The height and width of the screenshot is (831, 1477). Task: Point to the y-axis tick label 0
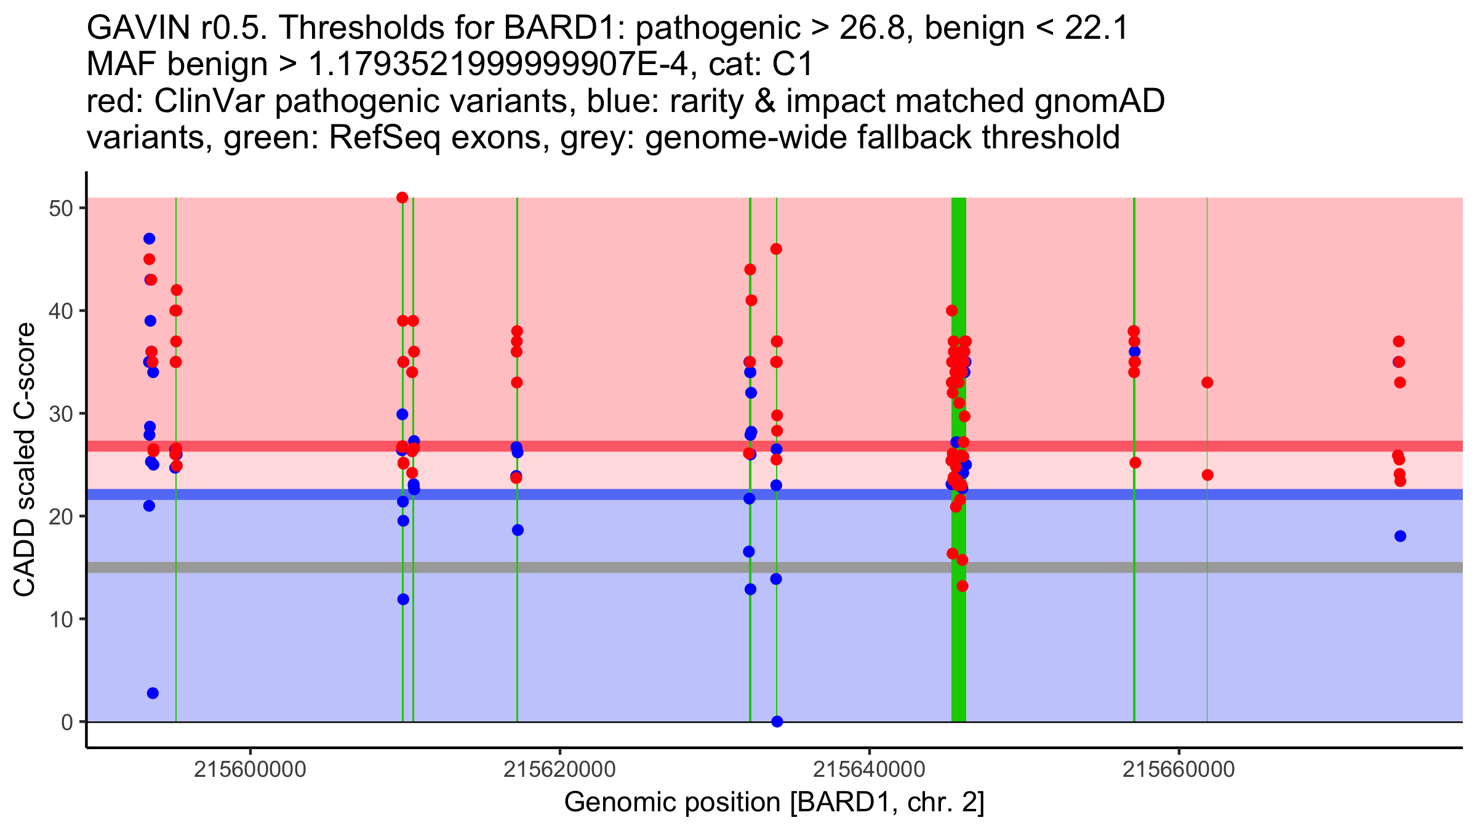coord(66,721)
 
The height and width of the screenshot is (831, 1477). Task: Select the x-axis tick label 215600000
coord(250,769)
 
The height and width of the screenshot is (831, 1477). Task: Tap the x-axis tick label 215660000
coord(1179,769)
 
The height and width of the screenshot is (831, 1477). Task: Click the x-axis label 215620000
coord(559,769)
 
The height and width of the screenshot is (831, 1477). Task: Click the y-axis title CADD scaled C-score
coord(25,460)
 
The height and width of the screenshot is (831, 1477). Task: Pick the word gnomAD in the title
coord(1099,101)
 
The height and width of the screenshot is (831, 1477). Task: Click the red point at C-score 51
coord(402,198)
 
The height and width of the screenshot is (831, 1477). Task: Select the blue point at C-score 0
coord(777,721)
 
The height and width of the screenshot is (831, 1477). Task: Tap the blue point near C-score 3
coord(153,693)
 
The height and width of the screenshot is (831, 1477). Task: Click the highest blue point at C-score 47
coord(149,239)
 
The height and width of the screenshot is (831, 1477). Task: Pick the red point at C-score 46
coord(776,249)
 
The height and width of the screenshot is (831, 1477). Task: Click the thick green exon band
coord(958,646)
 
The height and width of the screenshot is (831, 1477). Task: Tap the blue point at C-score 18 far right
coord(1400,536)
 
